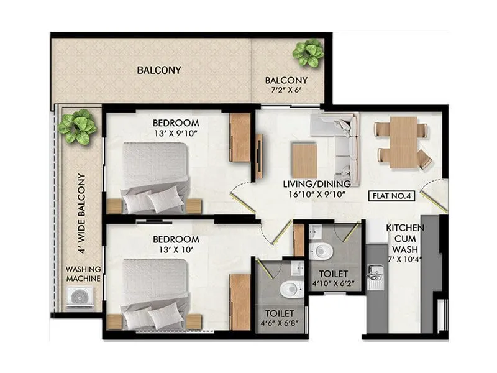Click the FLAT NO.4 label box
[x=393, y=196]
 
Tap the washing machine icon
[x=82, y=298]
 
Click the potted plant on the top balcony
[x=308, y=53]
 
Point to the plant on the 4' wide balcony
[x=77, y=127]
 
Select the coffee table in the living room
[x=304, y=160]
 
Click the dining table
[x=402, y=142]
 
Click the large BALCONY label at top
[x=158, y=70]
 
